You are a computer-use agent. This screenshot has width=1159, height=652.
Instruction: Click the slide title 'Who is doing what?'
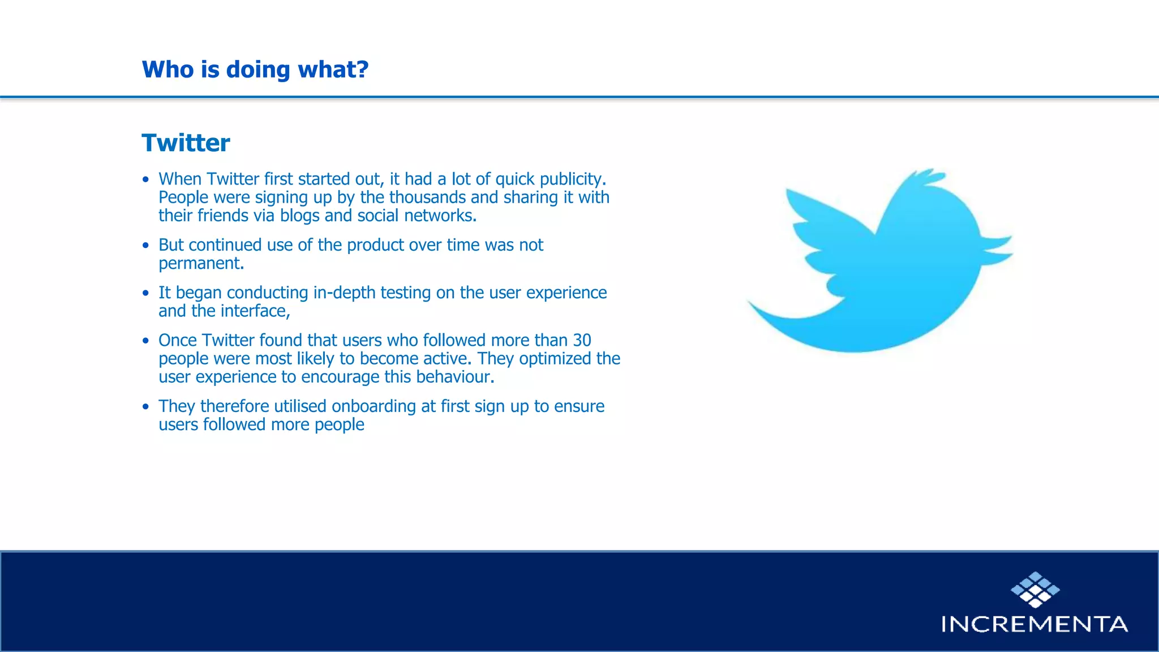tap(255, 70)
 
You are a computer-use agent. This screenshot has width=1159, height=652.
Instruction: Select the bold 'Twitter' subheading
tap(186, 143)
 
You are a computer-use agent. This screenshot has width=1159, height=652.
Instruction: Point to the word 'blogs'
tap(299, 216)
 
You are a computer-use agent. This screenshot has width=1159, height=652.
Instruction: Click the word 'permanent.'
tap(201, 264)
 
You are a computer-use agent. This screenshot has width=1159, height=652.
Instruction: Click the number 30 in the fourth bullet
tap(582, 340)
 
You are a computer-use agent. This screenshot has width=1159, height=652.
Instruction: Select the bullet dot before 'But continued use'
tap(146, 246)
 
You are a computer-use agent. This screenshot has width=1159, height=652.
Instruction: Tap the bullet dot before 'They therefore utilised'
tap(146, 407)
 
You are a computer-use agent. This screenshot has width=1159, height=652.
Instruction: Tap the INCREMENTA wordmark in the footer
tap(1034, 624)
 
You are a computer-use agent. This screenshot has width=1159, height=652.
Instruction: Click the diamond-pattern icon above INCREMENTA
tap(1035, 590)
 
